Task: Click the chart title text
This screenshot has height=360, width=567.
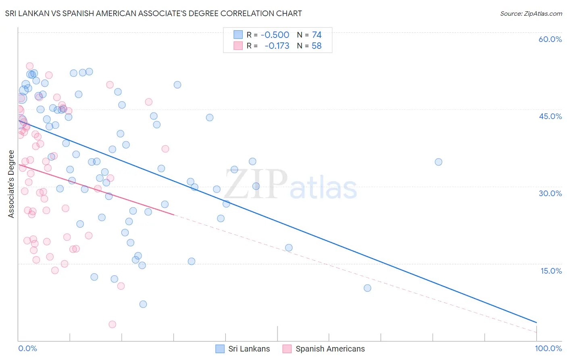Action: pyautogui.click(x=153, y=13)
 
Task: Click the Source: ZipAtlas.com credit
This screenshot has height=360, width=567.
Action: pyautogui.click(x=531, y=13)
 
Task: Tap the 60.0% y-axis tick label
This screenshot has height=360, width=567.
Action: pyautogui.click(x=550, y=39)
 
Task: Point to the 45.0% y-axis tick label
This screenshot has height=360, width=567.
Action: pyautogui.click(x=550, y=116)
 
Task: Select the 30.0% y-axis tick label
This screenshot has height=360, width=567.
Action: pyautogui.click(x=550, y=193)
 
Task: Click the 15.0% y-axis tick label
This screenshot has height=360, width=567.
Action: pyautogui.click(x=551, y=271)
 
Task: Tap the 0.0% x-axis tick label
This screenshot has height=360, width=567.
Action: pyautogui.click(x=27, y=348)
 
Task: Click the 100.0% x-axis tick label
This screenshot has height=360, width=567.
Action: pyautogui.click(x=548, y=348)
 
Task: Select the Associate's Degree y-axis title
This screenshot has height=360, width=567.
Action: pyautogui.click(x=11, y=184)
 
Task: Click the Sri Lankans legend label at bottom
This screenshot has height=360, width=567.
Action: pyautogui.click(x=249, y=349)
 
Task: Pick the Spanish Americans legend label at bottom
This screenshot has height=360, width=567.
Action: pyautogui.click(x=330, y=349)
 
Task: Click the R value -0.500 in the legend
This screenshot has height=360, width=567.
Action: pyautogui.click(x=275, y=35)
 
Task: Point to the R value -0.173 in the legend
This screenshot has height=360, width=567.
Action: pyautogui.click(x=277, y=46)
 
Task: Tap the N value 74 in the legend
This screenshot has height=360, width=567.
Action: pyautogui.click(x=317, y=35)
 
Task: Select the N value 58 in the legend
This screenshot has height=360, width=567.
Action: pyautogui.click(x=317, y=46)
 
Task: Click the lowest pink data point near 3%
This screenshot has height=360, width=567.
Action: pyautogui.click(x=113, y=324)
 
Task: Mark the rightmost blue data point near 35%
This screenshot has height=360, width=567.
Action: pyautogui.click(x=438, y=162)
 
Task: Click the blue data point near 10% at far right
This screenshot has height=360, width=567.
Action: pyautogui.click(x=367, y=288)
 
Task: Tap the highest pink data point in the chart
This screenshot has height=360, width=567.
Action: pyautogui.click(x=29, y=66)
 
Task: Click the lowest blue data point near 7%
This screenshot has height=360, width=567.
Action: pyautogui.click(x=143, y=304)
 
